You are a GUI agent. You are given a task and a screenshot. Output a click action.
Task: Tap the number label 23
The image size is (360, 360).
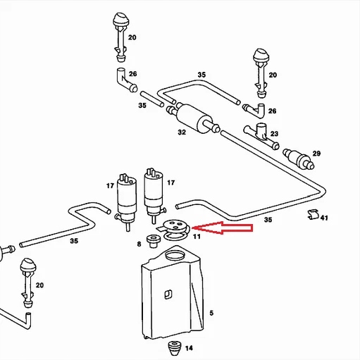[273, 134]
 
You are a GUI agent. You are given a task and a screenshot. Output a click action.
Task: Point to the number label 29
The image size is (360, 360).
[316, 154]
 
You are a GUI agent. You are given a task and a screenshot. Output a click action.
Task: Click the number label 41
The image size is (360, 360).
[324, 219]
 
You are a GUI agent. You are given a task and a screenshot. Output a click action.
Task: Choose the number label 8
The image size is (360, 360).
[139, 244]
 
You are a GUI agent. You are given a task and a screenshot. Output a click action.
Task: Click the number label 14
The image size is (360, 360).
[188, 347]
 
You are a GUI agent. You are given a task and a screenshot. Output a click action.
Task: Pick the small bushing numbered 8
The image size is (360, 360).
[152, 241]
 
